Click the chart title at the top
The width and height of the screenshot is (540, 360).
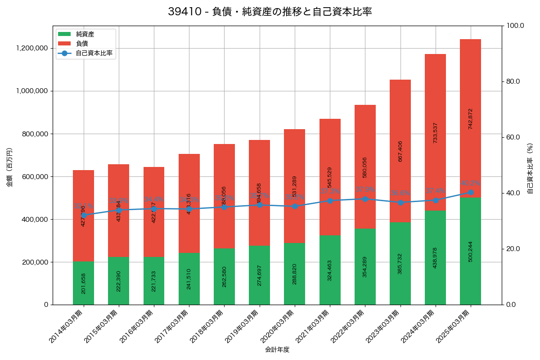[270, 12]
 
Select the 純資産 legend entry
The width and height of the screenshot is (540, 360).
[85, 34]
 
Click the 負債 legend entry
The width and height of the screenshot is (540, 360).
[81, 44]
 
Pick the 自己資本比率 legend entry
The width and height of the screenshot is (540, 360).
[94, 53]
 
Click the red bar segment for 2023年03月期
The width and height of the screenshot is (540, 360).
[400, 151]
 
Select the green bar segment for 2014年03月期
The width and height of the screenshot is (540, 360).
[83, 283]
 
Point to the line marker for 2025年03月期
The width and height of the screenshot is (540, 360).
[471, 192]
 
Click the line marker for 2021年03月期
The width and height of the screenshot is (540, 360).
[330, 200]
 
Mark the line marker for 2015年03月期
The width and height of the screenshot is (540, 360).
[119, 210]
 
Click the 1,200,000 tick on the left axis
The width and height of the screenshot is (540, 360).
[32, 48]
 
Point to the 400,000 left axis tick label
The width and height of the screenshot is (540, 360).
[34, 219]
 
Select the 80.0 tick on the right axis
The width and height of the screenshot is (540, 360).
[513, 81]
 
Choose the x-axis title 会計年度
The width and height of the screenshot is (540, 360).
[277, 349]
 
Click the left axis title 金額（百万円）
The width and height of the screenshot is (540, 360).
[9, 167]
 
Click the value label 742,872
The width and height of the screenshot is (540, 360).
[471, 119]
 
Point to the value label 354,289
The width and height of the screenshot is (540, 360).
[365, 266]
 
